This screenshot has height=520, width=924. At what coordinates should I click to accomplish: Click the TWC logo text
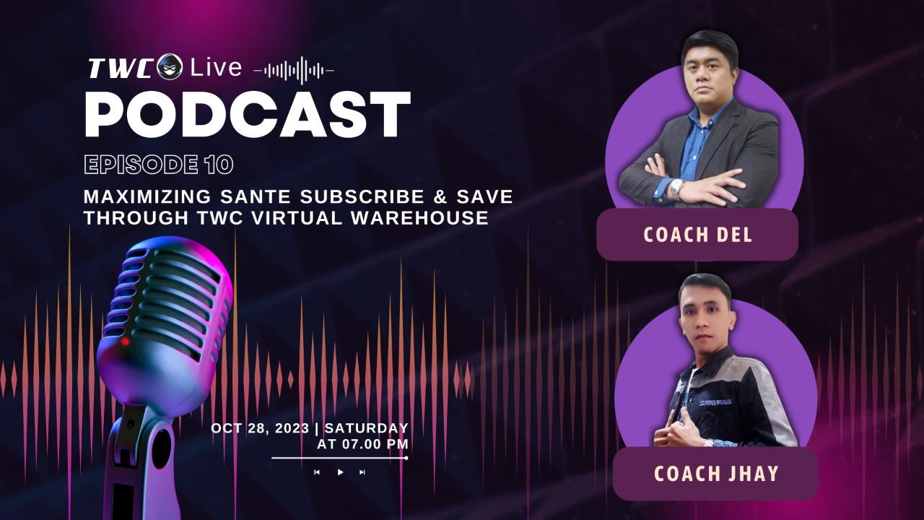point(121,69)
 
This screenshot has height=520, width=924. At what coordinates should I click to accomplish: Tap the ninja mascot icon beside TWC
point(170,66)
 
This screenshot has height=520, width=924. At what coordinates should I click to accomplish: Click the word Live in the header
point(217,68)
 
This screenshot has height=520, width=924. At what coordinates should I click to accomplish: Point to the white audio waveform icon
point(294,71)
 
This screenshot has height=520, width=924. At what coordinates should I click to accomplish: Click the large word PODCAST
point(248,116)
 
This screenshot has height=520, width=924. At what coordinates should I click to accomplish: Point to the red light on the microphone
point(125,341)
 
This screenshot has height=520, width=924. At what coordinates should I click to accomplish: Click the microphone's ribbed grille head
point(170,296)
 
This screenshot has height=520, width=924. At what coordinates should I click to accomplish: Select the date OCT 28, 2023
point(260,428)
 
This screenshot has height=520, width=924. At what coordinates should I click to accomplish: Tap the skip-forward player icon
point(362,472)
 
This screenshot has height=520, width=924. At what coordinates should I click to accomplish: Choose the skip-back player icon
point(317,472)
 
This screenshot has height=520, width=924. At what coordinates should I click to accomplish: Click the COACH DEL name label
point(697,235)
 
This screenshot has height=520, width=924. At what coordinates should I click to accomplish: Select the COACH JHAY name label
point(715,474)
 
